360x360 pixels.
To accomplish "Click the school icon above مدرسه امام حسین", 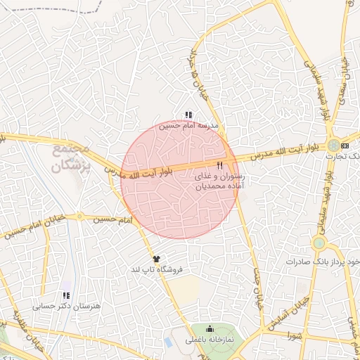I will click(x=188, y=115).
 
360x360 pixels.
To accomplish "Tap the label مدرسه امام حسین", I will click(x=188, y=127).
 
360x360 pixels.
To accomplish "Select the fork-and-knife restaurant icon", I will click(x=220, y=166).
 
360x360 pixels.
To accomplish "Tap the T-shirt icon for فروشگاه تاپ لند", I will click(x=156, y=259).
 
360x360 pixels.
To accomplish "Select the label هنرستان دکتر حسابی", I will click(x=67, y=307).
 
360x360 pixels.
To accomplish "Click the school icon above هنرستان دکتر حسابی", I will click(x=66, y=296).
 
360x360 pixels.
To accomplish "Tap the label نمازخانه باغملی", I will click(x=210, y=340).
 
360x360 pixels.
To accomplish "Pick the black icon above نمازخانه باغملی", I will click(x=210, y=328).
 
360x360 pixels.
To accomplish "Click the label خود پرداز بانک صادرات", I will click(x=323, y=262).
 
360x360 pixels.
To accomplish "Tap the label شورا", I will click(x=293, y=337).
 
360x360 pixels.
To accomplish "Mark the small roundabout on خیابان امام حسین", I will click(x=79, y=216).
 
